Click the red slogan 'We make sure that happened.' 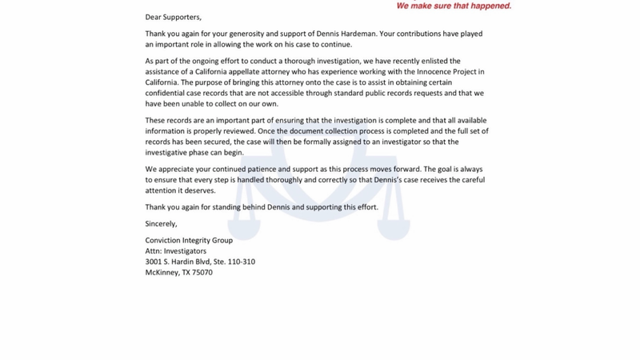coord(454,6)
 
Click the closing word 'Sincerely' coord(161,223)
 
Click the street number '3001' coord(154,262)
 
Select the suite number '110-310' coord(238,262)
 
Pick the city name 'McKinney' coord(162,273)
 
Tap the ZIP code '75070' coord(202,273)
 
